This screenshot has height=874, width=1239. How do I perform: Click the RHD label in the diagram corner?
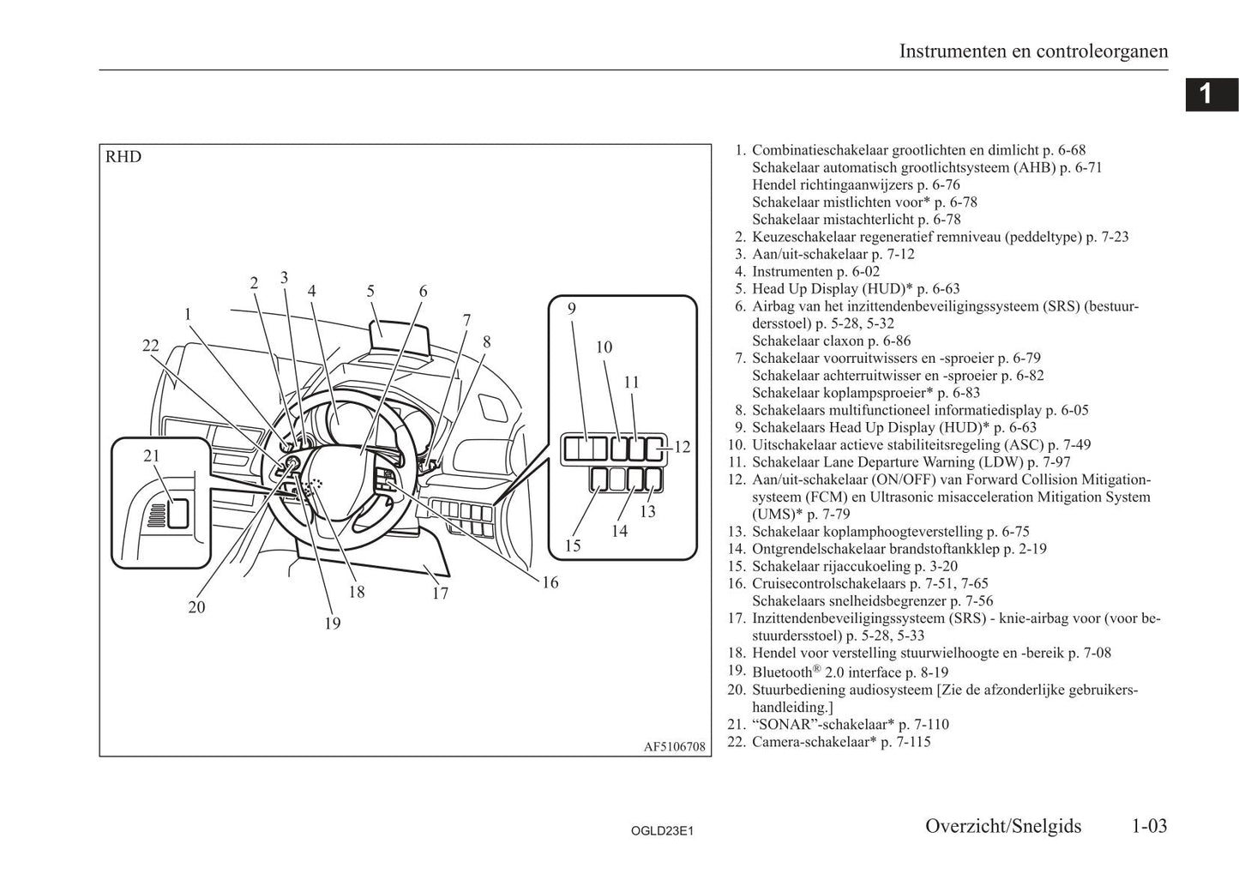click(x=123, y=157)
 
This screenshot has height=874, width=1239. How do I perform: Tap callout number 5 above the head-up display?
click(x=370, y=291)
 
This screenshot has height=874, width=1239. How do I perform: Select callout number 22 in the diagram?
click(x=150, y=346)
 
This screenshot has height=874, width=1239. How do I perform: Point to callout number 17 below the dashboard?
click(x=440, y=594)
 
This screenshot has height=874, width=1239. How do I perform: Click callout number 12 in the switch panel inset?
click(x=683, y=447)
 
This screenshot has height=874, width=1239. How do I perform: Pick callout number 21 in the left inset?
click(x=152, y=455)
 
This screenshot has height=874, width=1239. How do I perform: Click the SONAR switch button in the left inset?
click(x=178, y=514)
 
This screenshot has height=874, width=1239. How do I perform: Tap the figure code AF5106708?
click(x=674, y=747)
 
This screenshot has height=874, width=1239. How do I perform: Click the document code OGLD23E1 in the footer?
click(x=662, y=831)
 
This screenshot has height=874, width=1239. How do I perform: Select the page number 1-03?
click(x=1149, y=827)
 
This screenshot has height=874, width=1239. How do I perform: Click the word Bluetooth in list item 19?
click(x=782, y=672)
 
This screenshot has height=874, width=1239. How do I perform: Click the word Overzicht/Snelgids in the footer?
click(x=1003, y=827)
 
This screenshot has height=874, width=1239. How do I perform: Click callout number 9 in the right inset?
click(x=572, y=309)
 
